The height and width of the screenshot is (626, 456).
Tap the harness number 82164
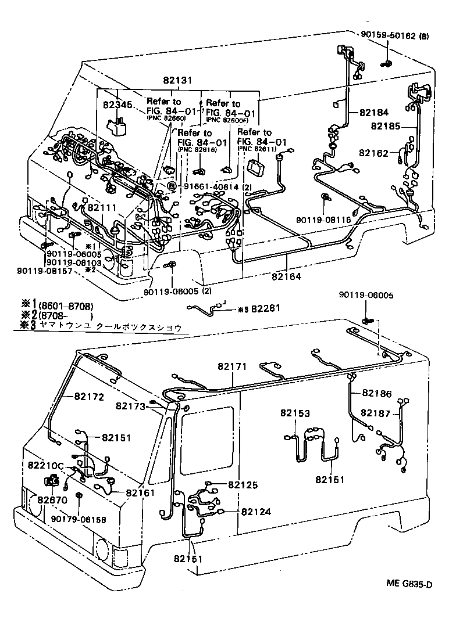[x=286, y=276]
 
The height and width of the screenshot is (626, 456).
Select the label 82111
[x=102, y=207]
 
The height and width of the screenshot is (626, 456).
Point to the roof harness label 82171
[x=232, y=366]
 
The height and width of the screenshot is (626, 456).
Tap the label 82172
[x=88, y=397]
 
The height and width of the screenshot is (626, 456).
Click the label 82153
[x=295, y=413]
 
